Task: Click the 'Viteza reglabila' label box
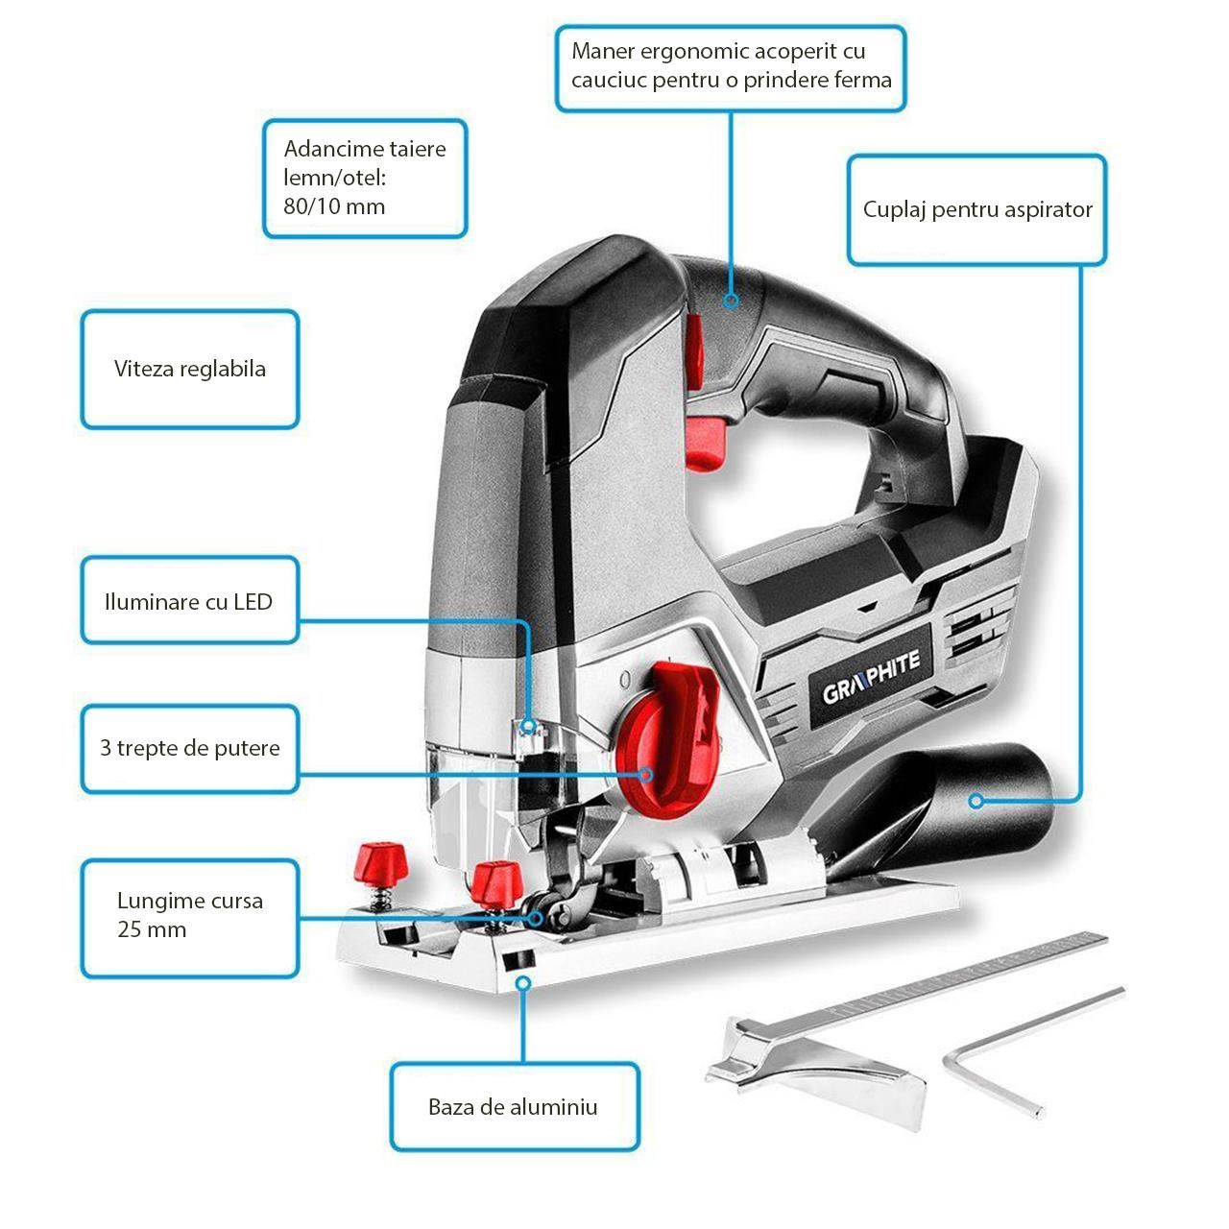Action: click(189, 370)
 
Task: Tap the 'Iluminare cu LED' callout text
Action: click(188, 602)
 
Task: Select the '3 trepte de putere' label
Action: click(189, 749)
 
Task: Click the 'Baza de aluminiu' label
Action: click(513, 1107)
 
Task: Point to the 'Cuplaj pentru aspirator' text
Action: click(977, 209)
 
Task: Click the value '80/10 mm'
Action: click(334, 206)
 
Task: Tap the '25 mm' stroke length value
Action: click(152, 929)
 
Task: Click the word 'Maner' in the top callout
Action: click(602, 51)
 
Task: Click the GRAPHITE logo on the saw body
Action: click(871, 676)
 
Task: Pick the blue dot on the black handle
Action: click(731, 301)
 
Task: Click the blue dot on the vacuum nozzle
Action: click(976, 800)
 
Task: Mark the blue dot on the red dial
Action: click(647, 774)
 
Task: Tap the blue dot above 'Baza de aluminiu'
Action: click(523, 983)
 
